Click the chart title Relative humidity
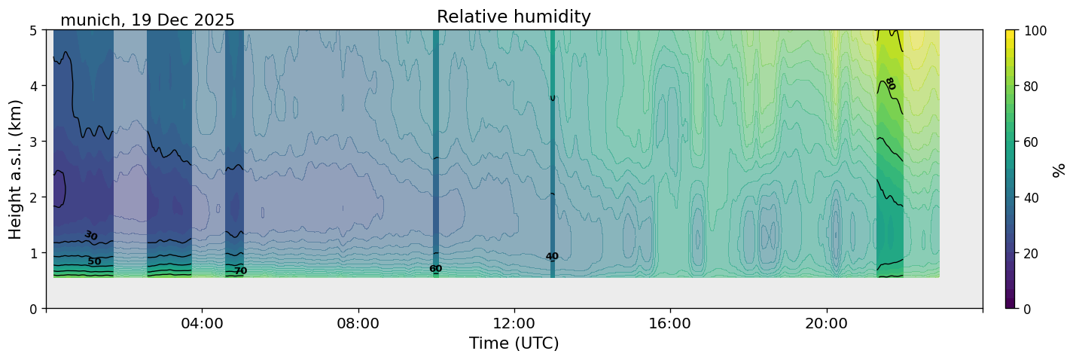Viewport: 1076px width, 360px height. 514,17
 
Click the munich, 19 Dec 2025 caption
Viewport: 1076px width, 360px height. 148,20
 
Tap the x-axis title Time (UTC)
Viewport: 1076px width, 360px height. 514,343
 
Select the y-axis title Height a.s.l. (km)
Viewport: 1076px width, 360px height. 16,169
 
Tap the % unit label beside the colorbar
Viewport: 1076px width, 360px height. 1059,169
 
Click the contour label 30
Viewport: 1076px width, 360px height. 91,236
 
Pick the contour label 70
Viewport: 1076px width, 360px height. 240,271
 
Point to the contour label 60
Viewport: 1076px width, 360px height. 435,269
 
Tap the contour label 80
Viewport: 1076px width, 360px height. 890,84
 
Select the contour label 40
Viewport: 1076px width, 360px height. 552,257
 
